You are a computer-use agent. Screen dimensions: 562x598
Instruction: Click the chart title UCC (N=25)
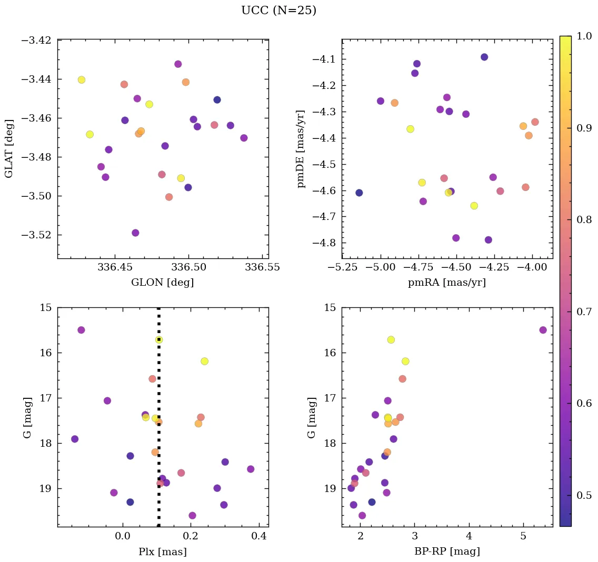click(278, 11)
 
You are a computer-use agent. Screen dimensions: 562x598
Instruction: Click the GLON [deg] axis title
click(162, 283)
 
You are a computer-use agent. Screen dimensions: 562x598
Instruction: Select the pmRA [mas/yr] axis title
click(446, 283)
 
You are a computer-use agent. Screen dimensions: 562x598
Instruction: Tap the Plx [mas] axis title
click(162, 552)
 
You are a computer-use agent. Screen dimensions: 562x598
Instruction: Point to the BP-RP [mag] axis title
click(446, 552)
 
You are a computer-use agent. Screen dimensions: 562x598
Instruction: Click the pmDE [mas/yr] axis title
click(301, 149)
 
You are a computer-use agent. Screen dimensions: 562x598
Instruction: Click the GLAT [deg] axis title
click(9, 149)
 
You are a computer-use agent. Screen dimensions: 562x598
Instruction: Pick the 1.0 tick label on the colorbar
click(584, 36)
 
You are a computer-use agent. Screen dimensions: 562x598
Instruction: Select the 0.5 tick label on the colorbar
click(584, 495)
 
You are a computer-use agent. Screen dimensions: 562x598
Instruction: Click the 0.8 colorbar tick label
click(584, 219)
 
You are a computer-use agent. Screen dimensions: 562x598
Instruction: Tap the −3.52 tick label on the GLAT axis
click(36, 235)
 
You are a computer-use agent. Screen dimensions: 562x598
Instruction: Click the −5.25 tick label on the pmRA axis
click(343, 267)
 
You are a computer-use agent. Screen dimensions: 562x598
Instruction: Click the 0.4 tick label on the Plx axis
click(259, 537)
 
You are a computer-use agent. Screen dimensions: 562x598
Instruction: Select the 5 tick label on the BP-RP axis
click(523, 537)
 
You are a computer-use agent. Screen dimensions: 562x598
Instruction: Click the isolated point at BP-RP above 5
click(543, 330)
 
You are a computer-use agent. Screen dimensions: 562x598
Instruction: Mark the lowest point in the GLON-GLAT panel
click(135, 233)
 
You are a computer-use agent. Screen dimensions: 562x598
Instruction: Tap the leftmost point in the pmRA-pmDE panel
click(359, 193)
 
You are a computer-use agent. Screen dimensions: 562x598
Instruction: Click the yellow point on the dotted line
click(158, 339)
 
